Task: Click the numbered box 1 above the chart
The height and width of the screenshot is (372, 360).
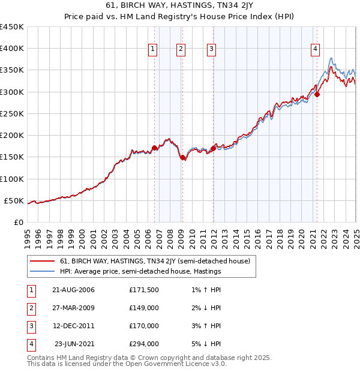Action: point(153,50)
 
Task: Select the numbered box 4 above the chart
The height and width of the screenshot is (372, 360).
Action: point(315,50)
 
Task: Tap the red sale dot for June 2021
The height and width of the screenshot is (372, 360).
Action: point(317,94)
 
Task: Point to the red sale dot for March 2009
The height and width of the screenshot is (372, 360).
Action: point(183,157)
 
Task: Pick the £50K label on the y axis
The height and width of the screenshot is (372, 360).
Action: point(14,200)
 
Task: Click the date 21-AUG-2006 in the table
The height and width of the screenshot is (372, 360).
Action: point(73,290)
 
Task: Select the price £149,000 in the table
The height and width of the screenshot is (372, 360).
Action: point(144,308)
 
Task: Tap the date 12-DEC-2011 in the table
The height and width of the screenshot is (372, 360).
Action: point(73,326)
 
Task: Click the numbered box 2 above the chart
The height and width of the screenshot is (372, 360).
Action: point(181,50)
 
